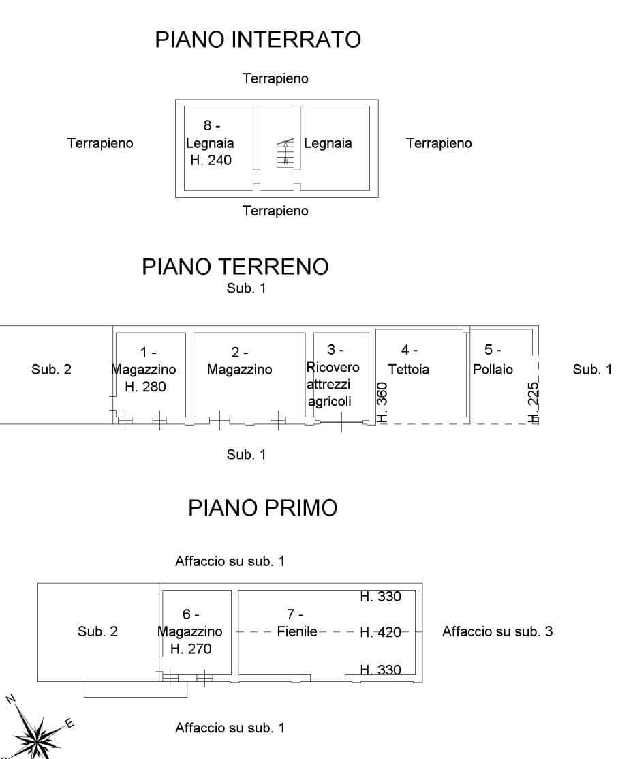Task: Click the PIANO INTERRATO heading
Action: [x=258, y=40]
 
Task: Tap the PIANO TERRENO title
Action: [x=234, y=267]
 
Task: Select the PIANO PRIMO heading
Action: [x=262, y=509]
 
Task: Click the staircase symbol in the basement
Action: [x=285, y=153]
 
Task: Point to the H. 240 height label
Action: [x=210, y=161]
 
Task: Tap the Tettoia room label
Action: [x=409, y=369]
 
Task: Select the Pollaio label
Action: [x=493, y=369]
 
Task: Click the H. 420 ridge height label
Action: [x=380, y=632]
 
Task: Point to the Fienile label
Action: [x=297, y=631]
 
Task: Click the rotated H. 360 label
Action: [x=382, y=403]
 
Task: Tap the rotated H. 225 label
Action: [x=534, y=403]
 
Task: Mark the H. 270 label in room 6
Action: [x=191, y=649]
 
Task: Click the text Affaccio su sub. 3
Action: [x=497, y=631]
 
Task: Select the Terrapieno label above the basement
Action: [x=275, y=78]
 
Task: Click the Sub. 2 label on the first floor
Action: [x=97, y=631]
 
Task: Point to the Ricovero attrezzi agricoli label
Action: [x=333, y=385]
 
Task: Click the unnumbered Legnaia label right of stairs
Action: [x=328, y=143]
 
